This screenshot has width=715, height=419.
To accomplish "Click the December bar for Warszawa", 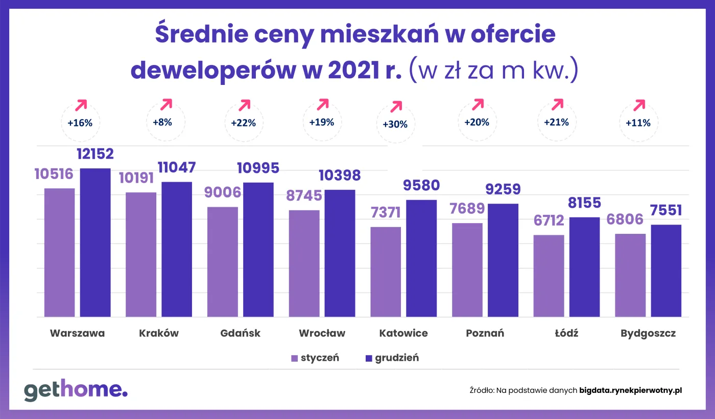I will pos(95,242).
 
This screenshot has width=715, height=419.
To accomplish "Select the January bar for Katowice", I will pos(386,272).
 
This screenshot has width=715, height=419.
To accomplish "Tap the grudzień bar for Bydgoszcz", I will pos(666,271).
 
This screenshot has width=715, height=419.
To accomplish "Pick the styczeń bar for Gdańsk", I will pos(222,262).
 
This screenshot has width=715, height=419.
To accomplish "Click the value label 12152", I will pos(95,154).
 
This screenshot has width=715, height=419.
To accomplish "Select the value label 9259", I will pos(503,189).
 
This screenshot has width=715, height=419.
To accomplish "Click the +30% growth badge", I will pos(395,124).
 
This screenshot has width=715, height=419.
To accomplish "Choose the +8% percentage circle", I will pos(162,122).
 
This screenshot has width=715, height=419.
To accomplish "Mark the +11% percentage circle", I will pos(638,123).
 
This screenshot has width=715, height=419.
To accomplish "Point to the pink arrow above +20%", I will pos(477,104).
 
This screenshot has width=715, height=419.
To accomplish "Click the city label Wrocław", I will pos(322,333).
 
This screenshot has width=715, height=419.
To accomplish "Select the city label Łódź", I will pos(566,333).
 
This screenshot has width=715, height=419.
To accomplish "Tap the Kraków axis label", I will pos(159,333).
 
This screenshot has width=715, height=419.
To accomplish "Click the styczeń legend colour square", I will pos(294,358).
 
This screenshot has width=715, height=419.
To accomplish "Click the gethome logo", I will pos(76,390).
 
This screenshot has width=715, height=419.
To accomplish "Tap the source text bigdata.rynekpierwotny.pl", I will pos(631,390).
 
